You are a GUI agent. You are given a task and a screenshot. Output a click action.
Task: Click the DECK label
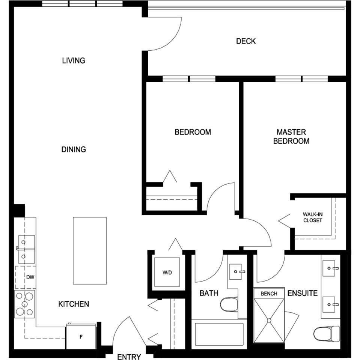(x=246, y=41)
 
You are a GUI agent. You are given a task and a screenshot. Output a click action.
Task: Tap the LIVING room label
(x=74, y=60)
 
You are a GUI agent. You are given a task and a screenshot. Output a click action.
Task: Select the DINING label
(x=74, y=149)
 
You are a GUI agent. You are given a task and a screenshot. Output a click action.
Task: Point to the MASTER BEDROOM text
(x=291, y=137)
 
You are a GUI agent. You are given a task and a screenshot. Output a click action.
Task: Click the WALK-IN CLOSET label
(x=313, y=217)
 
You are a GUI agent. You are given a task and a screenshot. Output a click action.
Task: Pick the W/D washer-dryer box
(x=167, y=272)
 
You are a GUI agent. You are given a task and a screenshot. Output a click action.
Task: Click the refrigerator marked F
(x=81, y=336)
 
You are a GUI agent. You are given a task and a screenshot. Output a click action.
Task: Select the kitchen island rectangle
(x=90, y=251)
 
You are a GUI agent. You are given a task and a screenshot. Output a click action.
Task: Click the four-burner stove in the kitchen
(x=25, y=304)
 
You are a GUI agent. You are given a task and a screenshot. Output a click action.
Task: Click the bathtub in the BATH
(x=219, y=334)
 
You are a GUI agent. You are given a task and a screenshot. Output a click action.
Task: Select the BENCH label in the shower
(x=269, y=294)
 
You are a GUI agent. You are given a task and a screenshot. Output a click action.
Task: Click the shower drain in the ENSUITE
(x=269, y=320)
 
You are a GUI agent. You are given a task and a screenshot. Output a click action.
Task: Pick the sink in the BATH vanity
(x=237, y=271)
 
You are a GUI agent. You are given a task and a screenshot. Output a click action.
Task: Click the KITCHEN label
(x=74, y=304)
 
